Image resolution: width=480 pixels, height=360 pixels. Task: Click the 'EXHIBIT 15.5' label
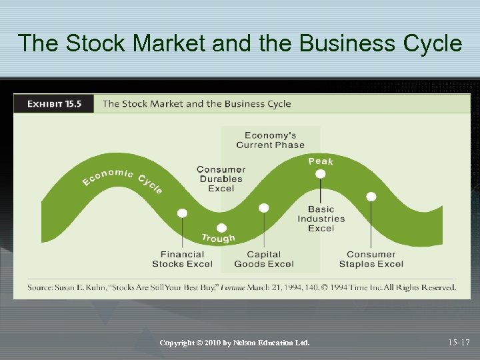coord(55,104)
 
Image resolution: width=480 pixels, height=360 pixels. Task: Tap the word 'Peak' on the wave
coord(321,161)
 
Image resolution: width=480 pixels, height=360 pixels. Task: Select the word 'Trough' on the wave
coord(219,238)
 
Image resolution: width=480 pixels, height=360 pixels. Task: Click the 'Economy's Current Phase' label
coord(270,140)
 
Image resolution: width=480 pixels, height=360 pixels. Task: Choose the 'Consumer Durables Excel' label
coord(221,179)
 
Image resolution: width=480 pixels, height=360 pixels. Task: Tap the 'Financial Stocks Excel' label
coord(182,259)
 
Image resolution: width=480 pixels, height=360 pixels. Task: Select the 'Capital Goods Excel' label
coord(263,259)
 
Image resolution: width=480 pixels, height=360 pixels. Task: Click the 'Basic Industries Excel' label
coord(321,219)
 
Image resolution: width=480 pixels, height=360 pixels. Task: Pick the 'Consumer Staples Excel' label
coord(371,259)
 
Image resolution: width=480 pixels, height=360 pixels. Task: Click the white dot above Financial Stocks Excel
coord(182,213)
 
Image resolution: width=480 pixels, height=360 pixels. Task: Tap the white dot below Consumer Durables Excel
coord(221,228)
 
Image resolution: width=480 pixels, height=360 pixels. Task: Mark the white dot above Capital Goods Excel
coord(264,208)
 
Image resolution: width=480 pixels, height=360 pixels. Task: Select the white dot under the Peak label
coord(321,174)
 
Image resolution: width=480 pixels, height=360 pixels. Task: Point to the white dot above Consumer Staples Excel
coord(371,197)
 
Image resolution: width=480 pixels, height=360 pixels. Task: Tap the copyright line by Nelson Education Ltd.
coord(235,343)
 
